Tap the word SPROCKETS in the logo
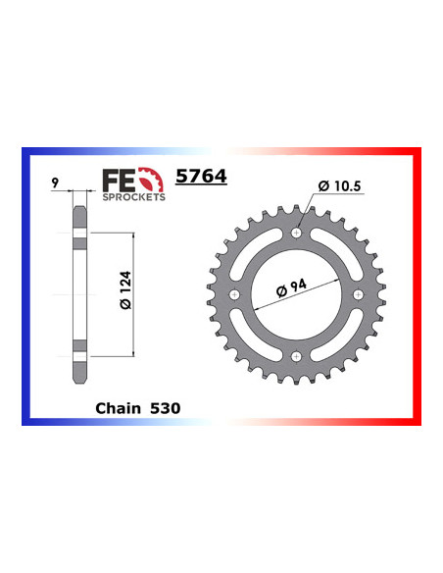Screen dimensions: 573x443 click(134, 196)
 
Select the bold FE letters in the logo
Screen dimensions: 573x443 click(118, 180)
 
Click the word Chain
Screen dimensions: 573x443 click(119, 405)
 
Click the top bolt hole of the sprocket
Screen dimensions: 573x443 click(296, 234)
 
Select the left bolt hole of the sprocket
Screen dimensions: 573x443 click(234, 294)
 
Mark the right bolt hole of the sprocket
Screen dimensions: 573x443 click(358, 294)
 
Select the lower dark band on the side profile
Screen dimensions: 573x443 click(79, 347)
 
